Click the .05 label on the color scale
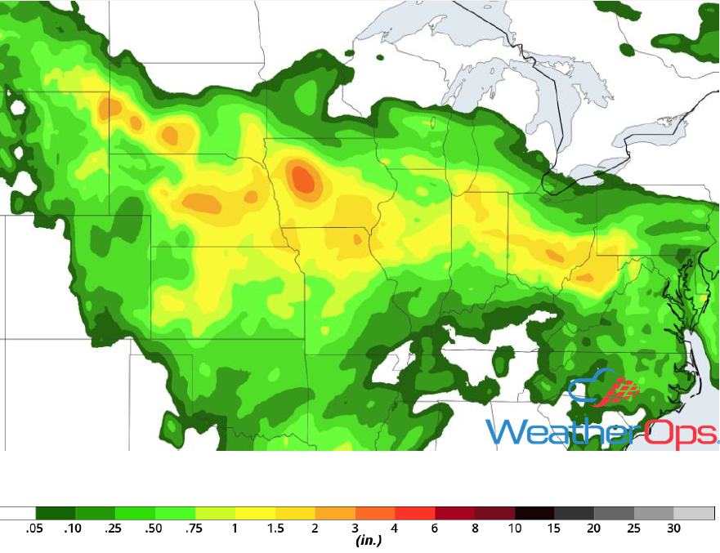pyautogui.click(x=34, y=528)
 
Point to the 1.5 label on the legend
pyautogui.click(x=275, y=528)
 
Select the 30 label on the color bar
pyautogui.click(x=673, y=528)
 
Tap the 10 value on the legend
pyautogui.click(x=515, y=528)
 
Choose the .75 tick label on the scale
pyautogui.click(x=195, y=528)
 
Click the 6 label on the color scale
pyautogui.click(x=435, y=528)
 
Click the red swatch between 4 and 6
pyautogui.click(x=415, y=514)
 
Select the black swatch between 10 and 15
pyautogui.click(x=534, y=514)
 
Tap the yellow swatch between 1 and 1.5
pyautogui.click(x=255, y=514)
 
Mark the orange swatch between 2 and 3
pyautogui.click(x=335, y=514)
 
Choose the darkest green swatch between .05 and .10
pyautogui.click(x=55, y=514)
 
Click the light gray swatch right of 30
pyautogui.click(x=694, y=514)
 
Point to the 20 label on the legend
pyautogui.click(x=594, y=528)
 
